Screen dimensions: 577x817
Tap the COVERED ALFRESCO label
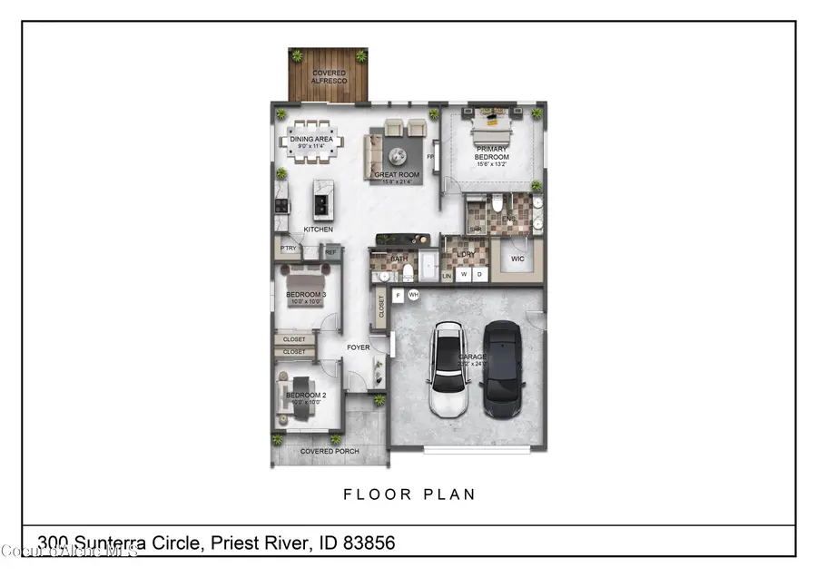[330, 76]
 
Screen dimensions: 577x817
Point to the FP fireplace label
[430, 156]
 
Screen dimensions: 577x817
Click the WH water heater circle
[413, 295]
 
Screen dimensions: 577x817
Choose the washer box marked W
[462, 275]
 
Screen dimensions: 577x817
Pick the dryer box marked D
[479, 275]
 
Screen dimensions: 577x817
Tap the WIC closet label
[518, 259]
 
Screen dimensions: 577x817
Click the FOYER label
[358, 347]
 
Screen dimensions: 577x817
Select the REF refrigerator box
[330, 252]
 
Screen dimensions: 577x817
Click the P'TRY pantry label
[289, 249]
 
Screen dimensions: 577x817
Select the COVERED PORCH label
[330, 451]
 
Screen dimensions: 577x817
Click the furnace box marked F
[398, 295]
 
